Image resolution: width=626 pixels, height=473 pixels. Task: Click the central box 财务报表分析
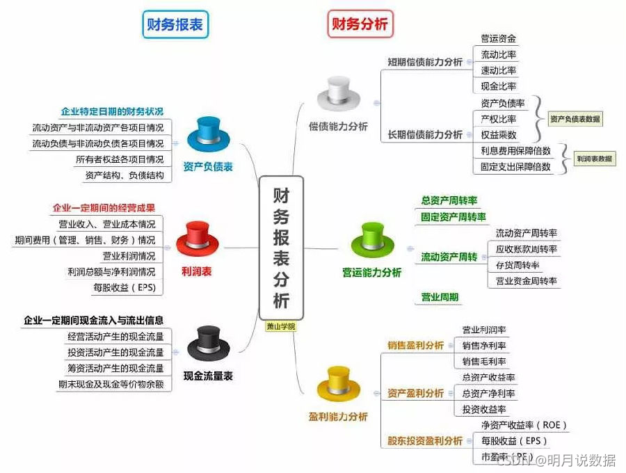pos(281,247)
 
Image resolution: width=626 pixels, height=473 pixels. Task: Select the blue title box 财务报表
pos(175,25)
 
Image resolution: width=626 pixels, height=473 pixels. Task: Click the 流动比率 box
pos(499,54)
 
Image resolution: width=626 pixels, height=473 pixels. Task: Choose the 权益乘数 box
pos(499,135)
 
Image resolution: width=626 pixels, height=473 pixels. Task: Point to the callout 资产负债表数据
pos(575,119)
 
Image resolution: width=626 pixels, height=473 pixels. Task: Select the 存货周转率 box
pos(517,265)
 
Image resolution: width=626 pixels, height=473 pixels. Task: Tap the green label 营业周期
pos(440,297)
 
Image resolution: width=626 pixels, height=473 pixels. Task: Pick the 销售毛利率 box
pos(484,362)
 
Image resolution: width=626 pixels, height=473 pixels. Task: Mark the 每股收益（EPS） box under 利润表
pos(125,287)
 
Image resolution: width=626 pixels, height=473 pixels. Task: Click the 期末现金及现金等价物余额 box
pos(115,384)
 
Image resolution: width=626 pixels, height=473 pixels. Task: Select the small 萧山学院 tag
pos(281,326)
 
